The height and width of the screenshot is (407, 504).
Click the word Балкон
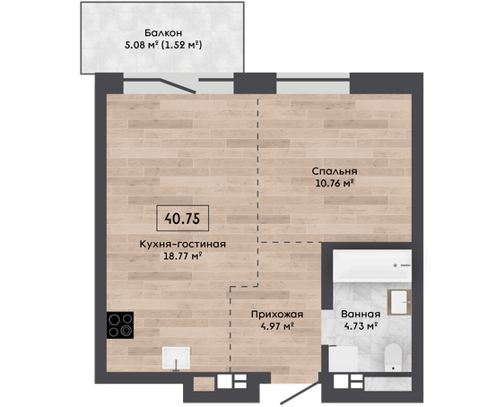click(x=163, y=33)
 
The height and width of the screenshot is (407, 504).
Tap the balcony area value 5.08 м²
click(x=142, y=45)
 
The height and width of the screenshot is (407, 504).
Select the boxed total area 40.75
click(x=183, y=219)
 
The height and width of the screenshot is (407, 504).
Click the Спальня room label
click(x=335, y=171)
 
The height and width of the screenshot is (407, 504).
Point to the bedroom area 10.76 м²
click(x=335, y=184)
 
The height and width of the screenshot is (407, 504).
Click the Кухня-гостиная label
click(x=183, y=244)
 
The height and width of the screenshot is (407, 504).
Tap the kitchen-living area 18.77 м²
click(x=183, y=256)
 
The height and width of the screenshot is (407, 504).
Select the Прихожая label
click(x=277, y=314)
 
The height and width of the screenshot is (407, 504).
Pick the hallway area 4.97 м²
click(x=278, y=326)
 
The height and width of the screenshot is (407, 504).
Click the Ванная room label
click(x=361, y=314)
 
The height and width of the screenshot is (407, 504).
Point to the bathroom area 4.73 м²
click(x=361, y=326)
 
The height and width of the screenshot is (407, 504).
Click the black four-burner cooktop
click(x=120, y=325)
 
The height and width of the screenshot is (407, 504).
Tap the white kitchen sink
click(x=176, y=358)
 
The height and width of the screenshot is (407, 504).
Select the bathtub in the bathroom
click(x=372, y=266)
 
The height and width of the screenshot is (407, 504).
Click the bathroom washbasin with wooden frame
click(x=400, y=302)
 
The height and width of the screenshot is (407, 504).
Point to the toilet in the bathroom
click(x=393, y=358)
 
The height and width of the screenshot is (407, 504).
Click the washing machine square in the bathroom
click(x=343, y=359)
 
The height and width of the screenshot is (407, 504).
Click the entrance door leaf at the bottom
click(x=300, y=392)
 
